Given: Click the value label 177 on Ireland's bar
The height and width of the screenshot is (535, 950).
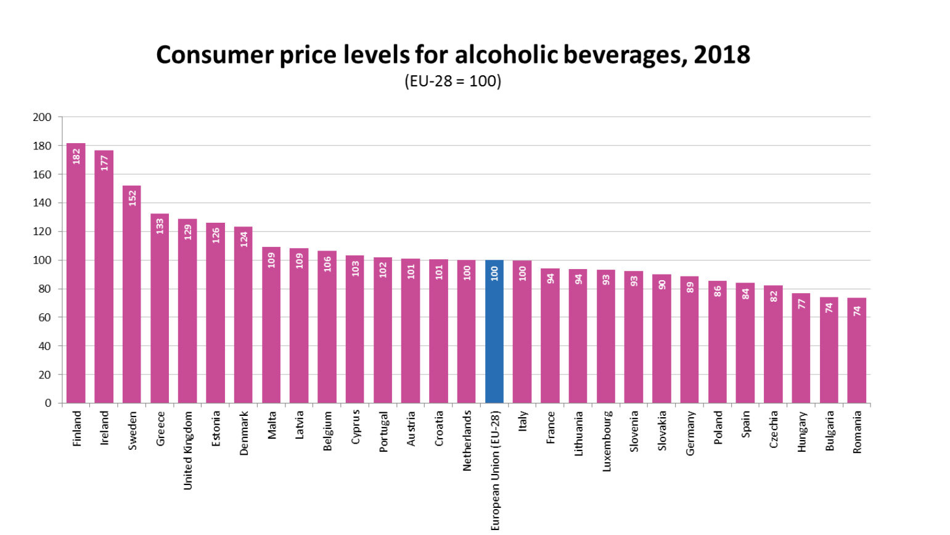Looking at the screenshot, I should tap(104, 163).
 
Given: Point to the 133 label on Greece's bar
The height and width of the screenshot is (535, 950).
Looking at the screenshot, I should tap(160, 226).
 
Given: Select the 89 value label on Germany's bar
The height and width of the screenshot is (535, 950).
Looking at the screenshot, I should tap(689, 287).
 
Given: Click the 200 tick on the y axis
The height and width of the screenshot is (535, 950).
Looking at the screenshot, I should tap(43, 117).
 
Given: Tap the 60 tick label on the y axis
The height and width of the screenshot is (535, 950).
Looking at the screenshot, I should tap(45, 317).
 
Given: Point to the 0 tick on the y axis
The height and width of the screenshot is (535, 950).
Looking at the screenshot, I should tap(48, 403).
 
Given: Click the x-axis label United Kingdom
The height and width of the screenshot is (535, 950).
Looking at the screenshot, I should tap(188, 450).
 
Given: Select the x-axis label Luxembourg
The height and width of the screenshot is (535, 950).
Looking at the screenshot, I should tap(607, 441).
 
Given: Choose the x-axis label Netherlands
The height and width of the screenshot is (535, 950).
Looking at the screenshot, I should tap(467, 441).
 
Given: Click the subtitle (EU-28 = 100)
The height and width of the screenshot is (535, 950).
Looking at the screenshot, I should tap(452, 81).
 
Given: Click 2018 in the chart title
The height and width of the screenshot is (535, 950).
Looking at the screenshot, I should tap(722, 55).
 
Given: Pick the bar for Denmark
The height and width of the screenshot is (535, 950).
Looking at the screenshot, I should tap(244, 315).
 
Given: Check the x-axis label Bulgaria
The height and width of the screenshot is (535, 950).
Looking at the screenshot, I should tap(830, 431).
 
